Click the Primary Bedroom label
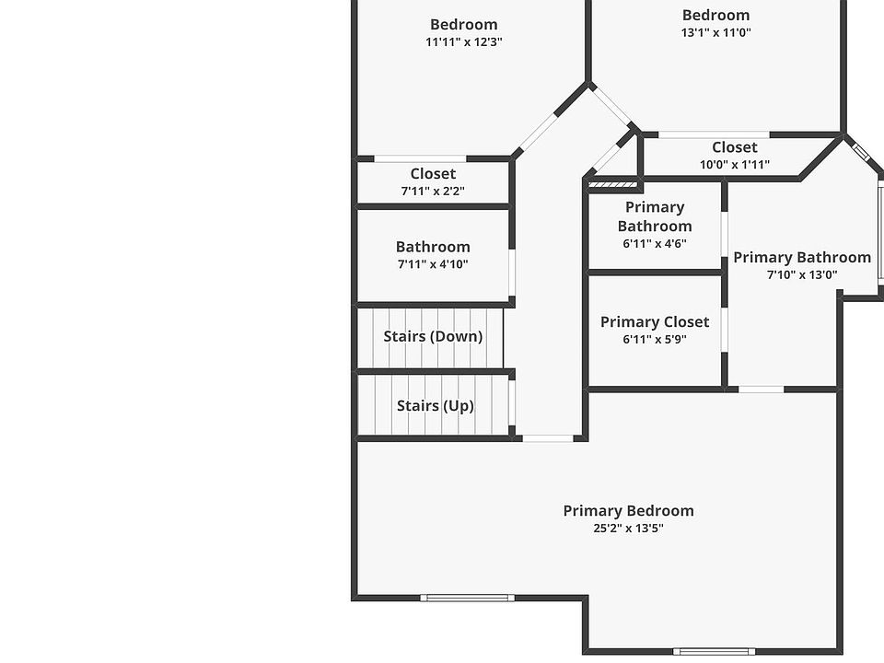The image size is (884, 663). [628, 511]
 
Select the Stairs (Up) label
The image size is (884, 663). [435, 406]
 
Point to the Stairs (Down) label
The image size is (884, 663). [433, 337]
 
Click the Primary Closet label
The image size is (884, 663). [655, 322]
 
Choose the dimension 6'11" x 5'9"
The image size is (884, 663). [655, 339]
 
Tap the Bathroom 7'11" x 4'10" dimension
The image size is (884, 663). [433, 264]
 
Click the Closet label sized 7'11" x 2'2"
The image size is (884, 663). [433, 174]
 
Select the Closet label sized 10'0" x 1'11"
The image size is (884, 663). [735, 147]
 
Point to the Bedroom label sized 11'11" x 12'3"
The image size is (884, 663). [464, 25]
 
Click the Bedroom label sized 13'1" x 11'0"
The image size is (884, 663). [715, 16]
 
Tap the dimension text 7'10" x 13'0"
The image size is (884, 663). [802, 274]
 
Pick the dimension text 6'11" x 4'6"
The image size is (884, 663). [655, 244]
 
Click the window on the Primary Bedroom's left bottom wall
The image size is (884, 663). [467, 598]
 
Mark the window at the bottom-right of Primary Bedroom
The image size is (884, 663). [714, 651]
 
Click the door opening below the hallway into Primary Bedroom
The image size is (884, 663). [548, 438]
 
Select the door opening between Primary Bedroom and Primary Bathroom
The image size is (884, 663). [761, 390]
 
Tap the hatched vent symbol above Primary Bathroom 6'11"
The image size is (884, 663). [606, 184]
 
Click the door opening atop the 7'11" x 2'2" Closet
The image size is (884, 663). [419, 158]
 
